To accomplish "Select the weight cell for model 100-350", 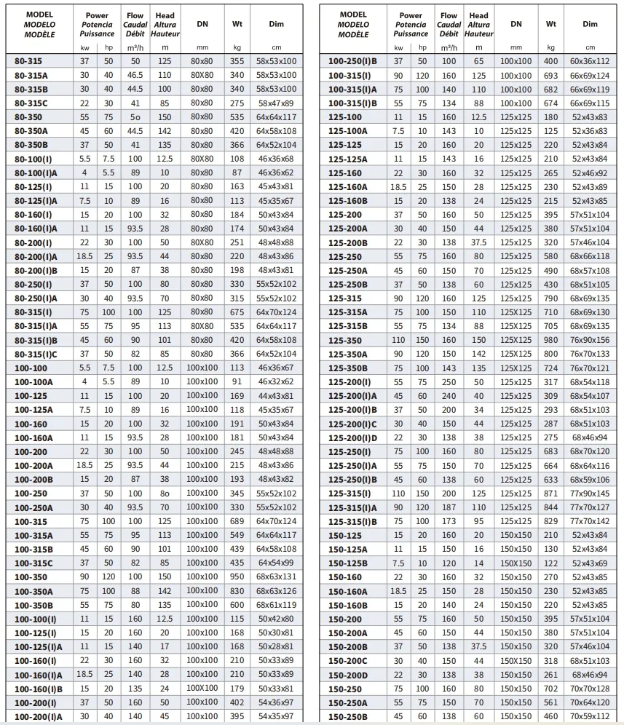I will [237, 577].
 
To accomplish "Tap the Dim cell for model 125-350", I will [590, 340].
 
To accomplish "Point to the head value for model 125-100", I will [478, 117].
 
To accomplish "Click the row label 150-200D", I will [348, 675].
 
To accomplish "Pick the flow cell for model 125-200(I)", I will [449, 382].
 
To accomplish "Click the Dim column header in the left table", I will [277, 24].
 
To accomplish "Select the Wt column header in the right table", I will [551, 24].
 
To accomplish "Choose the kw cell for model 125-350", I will [398, 340].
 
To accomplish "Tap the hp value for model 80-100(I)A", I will [108, 173].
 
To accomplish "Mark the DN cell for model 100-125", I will [202, 396].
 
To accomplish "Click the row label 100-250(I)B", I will [353, 61].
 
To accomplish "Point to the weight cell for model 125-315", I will [551, 298].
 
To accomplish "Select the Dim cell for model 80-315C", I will [277, 103].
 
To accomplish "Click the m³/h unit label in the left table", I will [135, 47].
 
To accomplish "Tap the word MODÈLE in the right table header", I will [354, 34].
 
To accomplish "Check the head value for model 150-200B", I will [478, 646].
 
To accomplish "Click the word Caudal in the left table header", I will [135, 25].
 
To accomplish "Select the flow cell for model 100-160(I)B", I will [135, 689].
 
